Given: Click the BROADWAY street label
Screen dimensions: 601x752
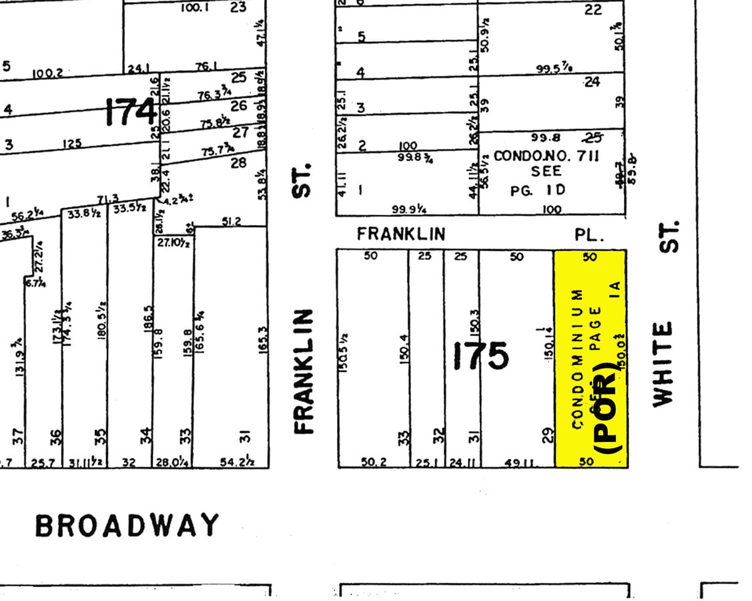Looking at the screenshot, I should click(x=127, y=526).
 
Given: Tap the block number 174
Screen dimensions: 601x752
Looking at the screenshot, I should click(x=131, y=112).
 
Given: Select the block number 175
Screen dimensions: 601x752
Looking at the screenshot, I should click(x=480, y=355).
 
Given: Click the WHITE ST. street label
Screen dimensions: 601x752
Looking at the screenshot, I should click(x=663, y=314).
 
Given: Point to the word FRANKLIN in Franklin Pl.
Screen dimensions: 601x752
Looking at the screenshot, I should click(x=400, y=234).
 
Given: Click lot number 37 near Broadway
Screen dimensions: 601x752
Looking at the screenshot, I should click(x=18, y=438).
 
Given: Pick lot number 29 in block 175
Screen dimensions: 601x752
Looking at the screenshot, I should click(x=547, y=437).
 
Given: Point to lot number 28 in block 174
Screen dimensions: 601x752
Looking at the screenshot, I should click(x=238, y=162).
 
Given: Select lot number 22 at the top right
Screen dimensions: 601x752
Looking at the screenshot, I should click(x=593, y=9).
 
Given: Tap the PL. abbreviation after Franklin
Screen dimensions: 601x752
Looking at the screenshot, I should click(x=589, y=235).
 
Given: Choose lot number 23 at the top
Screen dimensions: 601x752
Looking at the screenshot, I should click(x=238, y=7).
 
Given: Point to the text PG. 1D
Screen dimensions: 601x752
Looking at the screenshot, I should click(x=538, y=190).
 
